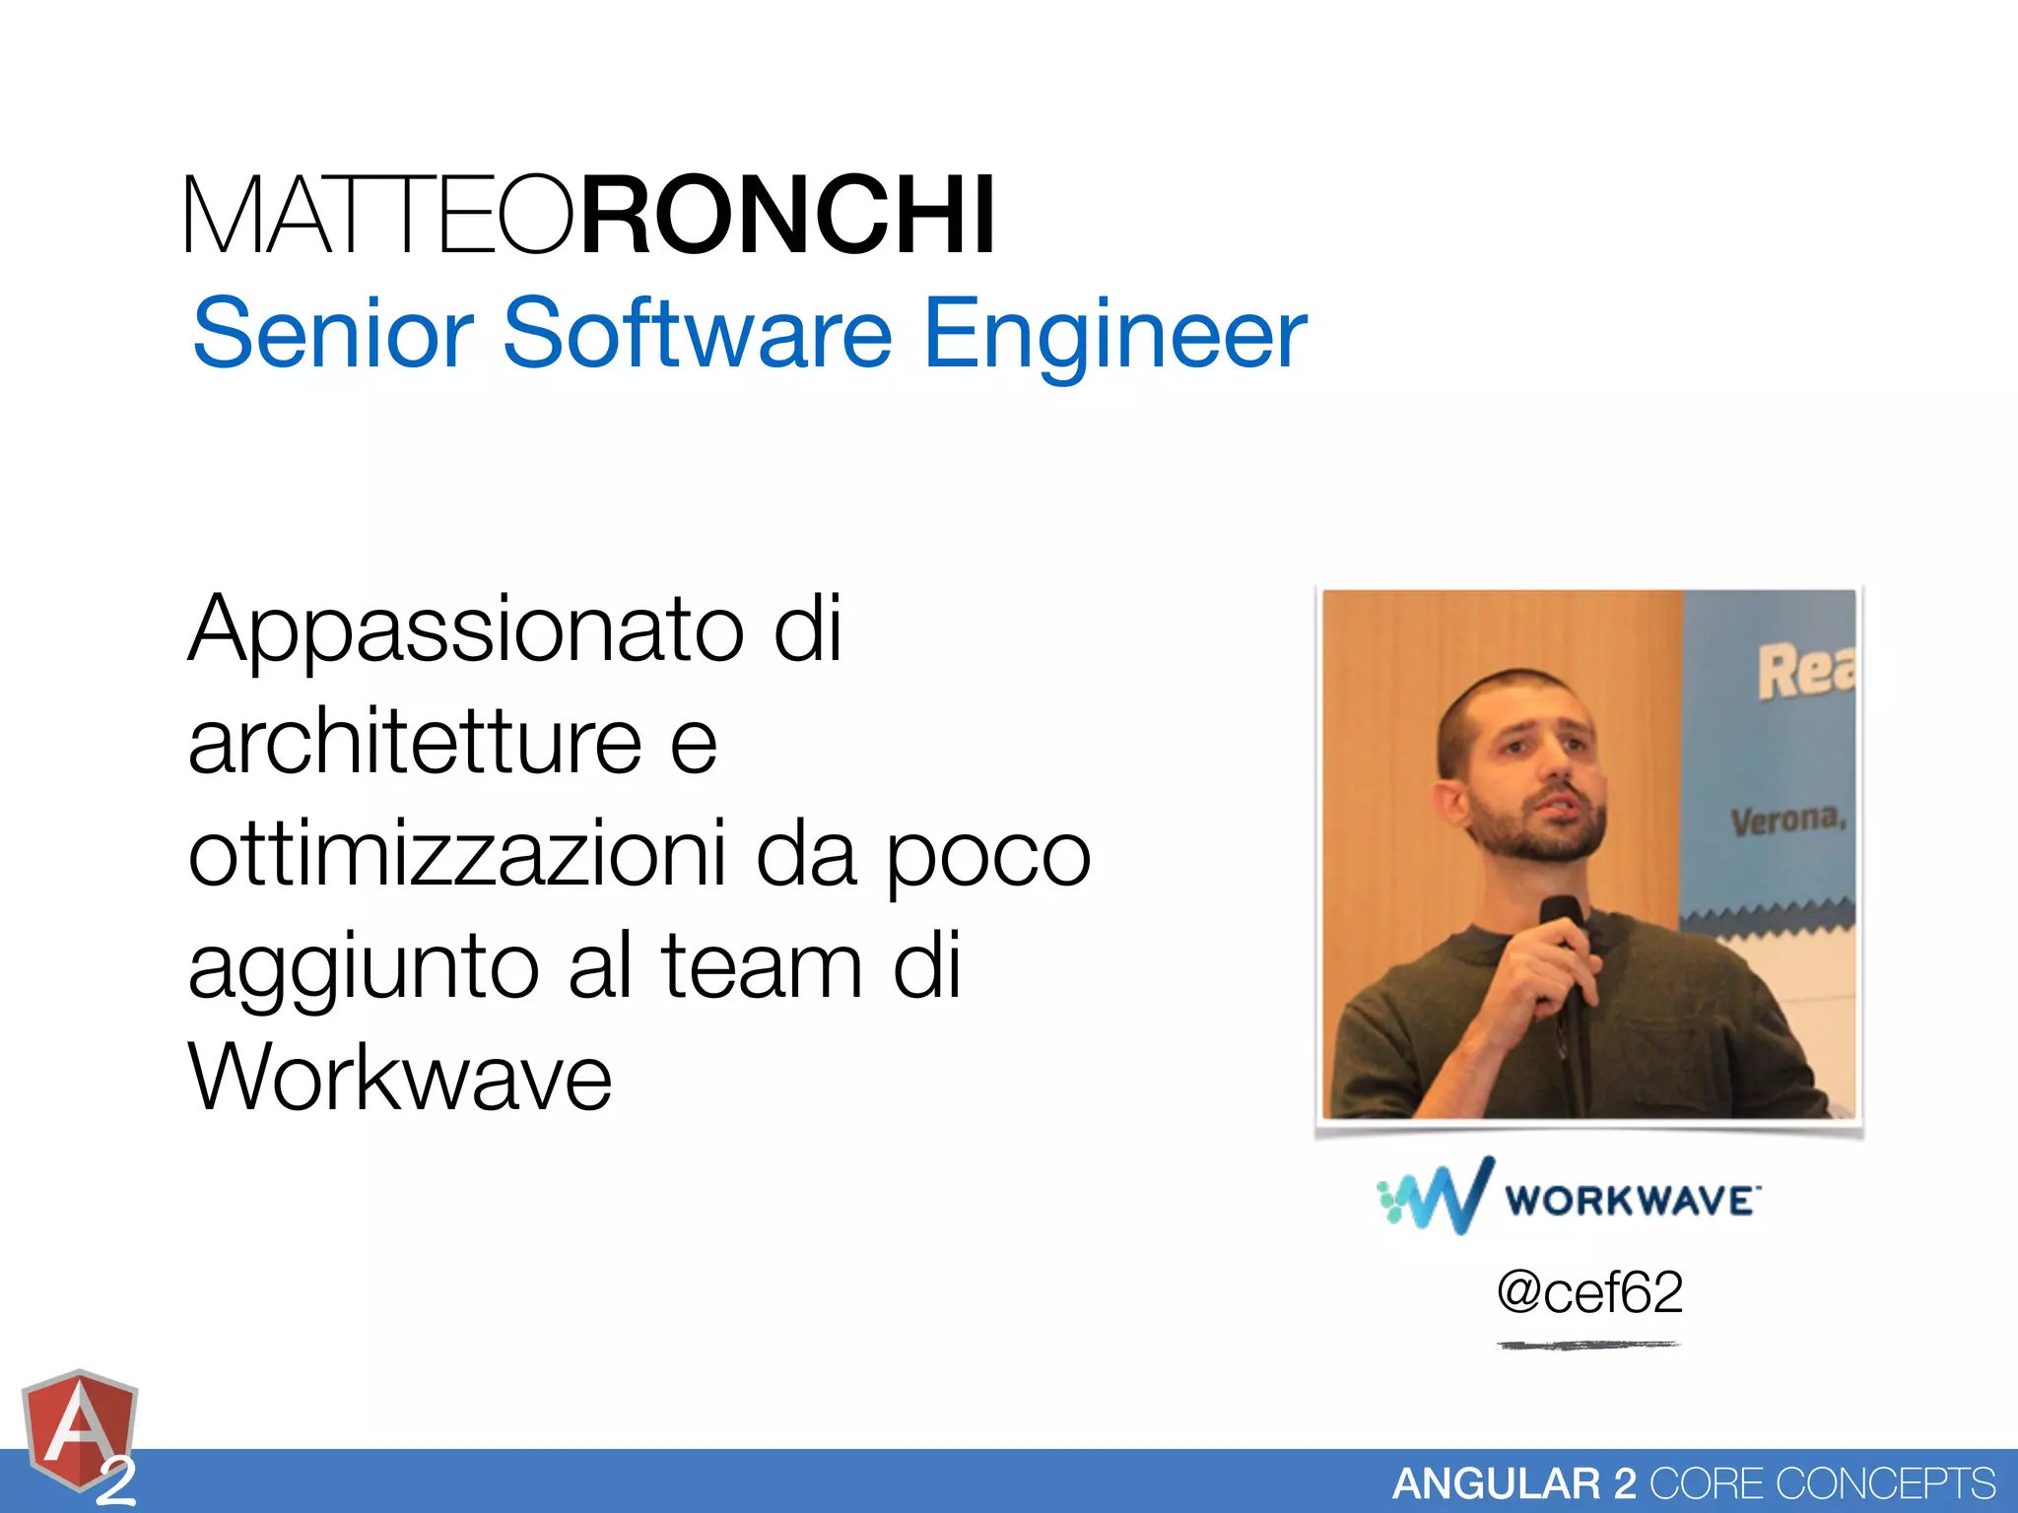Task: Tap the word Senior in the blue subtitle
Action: pos(333,335)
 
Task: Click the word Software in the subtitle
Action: pos(698,335)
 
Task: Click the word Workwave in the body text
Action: pos(400,1078)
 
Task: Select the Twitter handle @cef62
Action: pos(1589,1292)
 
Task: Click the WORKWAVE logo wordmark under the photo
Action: pos(1630,1201)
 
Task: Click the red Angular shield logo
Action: pos(79,1434)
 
